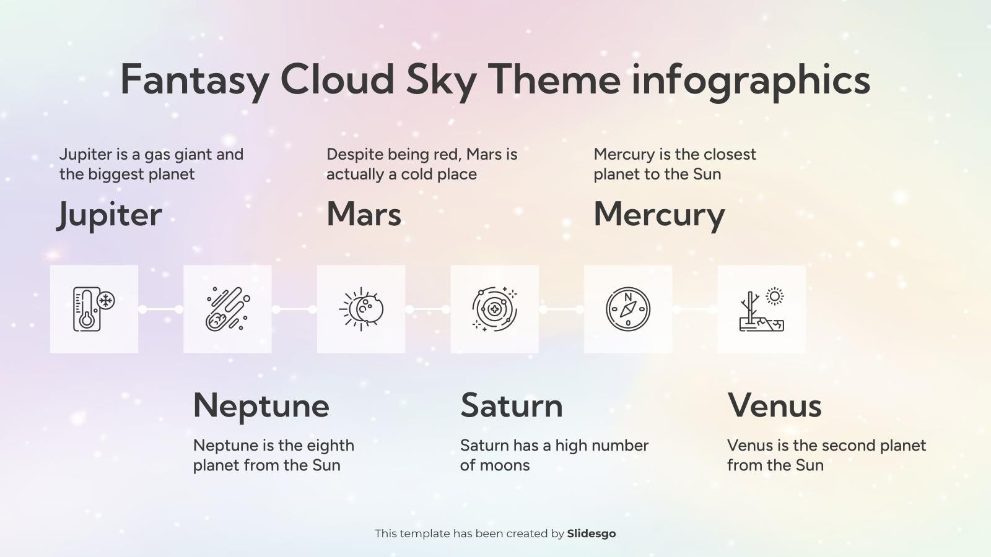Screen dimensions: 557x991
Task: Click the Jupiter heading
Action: coord(110,215)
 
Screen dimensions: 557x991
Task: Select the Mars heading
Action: coord(364,214)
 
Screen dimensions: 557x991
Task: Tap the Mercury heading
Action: coord(658,215)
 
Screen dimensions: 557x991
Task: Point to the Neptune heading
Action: coord(261,405)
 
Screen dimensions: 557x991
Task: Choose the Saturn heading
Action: coord(511,405)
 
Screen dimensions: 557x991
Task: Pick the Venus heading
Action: coord(774,405)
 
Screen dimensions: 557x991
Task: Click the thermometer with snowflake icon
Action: coord(94,309)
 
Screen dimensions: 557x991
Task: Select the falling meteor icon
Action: coord(227,309)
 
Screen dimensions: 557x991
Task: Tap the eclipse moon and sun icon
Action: coord(361,309)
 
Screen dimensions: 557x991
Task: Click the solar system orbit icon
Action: coord(494,309)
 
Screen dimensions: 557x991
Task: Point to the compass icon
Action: coord(628,309)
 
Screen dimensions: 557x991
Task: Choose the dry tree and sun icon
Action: coord(761,309)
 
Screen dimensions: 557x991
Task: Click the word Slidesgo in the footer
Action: coord(591,533)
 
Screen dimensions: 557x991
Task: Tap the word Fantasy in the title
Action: coord(194,79)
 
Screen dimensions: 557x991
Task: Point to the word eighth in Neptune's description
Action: coord(330,446)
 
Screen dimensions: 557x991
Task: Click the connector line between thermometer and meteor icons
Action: coord(160,309)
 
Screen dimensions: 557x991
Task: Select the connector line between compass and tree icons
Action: coord(695,309)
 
